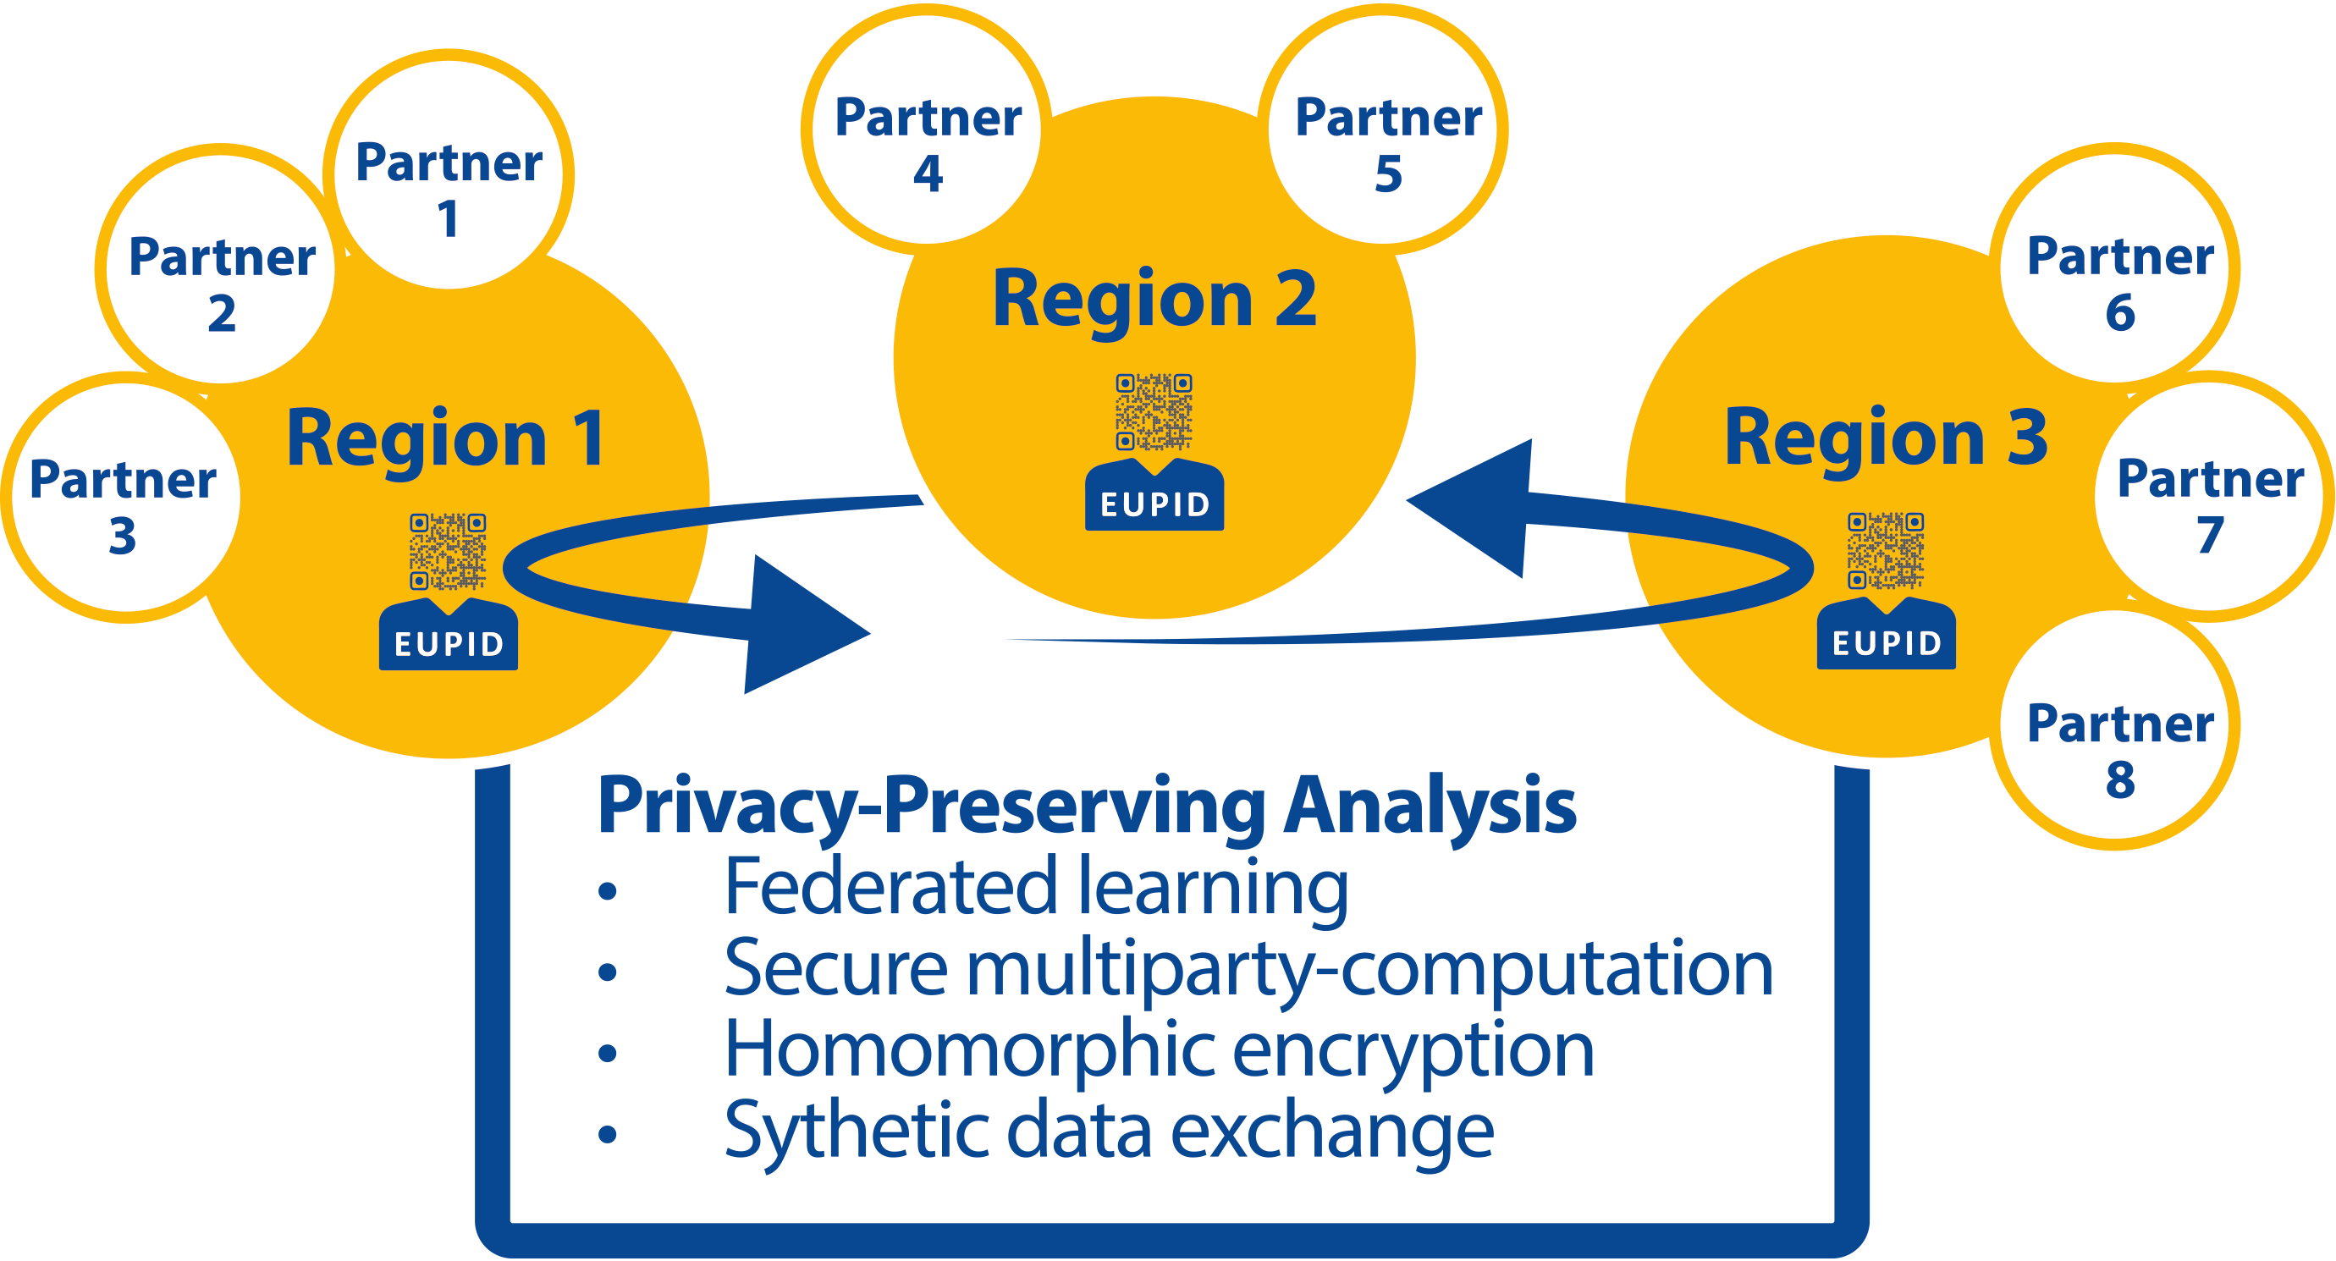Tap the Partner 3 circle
(124, 497)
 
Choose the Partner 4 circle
(927, 127)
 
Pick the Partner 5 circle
(1386, 127)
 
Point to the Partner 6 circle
(2118, 266)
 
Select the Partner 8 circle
(2118, 730)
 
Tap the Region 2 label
(1154, 299)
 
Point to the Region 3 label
(1886, 438)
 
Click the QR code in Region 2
(1154, 412)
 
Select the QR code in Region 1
(448, 551)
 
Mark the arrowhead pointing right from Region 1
(798, 625)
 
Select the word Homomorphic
(970, 1049)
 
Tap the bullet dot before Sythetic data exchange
(608, 1134)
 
